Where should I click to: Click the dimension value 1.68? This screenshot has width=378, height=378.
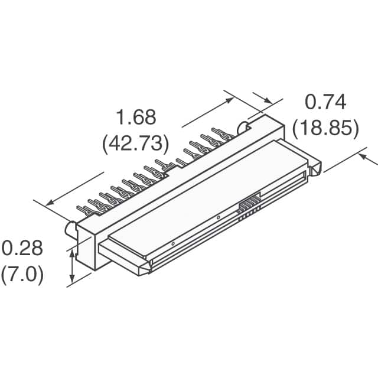click(x=136, y=118)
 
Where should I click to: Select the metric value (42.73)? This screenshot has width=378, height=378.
click(x=136, y=144)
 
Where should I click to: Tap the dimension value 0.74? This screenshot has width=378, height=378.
click(x=325, y=102)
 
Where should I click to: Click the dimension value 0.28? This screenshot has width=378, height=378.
click(x=22, y=248)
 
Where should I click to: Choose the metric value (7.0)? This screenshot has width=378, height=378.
click(x=22, y=275)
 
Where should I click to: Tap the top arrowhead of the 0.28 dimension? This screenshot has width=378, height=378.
click(x=73, y=252)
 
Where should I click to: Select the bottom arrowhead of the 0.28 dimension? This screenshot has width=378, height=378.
click(x=73, y=280)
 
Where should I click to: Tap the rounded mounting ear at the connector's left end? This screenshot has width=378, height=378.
click(x=70, y=227)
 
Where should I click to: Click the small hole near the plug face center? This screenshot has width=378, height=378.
click(x=219, y=218)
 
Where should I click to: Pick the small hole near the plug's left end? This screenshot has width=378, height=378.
click(x=172, y=243)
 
